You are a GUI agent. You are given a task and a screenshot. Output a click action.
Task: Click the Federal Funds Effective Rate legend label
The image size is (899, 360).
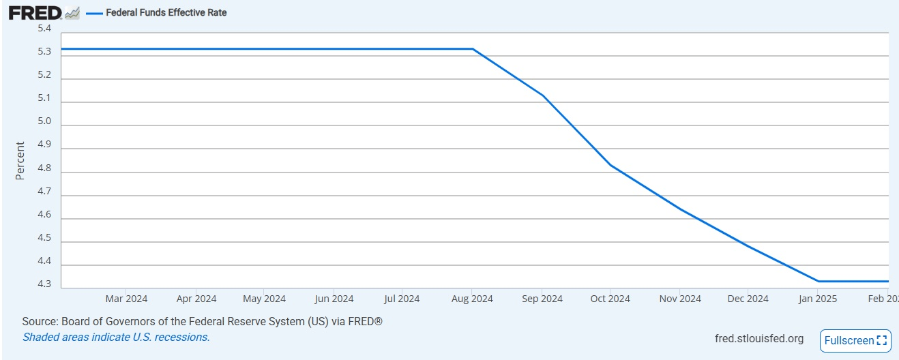166,13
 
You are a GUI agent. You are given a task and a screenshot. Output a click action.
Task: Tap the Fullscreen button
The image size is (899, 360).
855,341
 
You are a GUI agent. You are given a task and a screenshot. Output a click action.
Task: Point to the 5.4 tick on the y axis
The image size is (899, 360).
44,28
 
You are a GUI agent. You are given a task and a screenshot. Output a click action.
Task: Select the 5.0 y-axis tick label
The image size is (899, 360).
44,121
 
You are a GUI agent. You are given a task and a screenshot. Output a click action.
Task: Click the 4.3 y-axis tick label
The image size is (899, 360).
44,284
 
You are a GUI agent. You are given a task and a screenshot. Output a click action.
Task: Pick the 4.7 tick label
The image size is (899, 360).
44,191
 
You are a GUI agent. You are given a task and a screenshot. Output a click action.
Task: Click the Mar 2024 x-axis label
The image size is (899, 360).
126,299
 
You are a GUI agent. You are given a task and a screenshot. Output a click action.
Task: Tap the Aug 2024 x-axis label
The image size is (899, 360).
472,299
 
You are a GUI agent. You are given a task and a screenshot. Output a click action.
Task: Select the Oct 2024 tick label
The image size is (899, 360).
610,299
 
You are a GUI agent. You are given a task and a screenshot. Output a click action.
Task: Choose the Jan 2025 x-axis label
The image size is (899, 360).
818,299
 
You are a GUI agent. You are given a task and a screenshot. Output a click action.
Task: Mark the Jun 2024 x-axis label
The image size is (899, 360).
334,299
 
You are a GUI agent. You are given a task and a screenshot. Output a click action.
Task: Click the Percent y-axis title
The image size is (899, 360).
20,160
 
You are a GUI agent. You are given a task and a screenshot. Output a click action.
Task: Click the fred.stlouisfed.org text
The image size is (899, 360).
759,338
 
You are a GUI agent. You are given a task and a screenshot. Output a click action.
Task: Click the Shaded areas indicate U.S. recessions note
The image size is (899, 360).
116,337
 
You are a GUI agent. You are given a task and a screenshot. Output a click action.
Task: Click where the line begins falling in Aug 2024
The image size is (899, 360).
473,49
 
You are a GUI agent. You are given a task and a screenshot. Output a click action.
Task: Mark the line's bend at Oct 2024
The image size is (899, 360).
610,165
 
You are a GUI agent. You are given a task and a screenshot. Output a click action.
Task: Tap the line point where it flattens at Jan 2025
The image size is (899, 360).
818,282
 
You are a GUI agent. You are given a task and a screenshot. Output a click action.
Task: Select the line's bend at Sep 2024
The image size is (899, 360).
543,95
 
